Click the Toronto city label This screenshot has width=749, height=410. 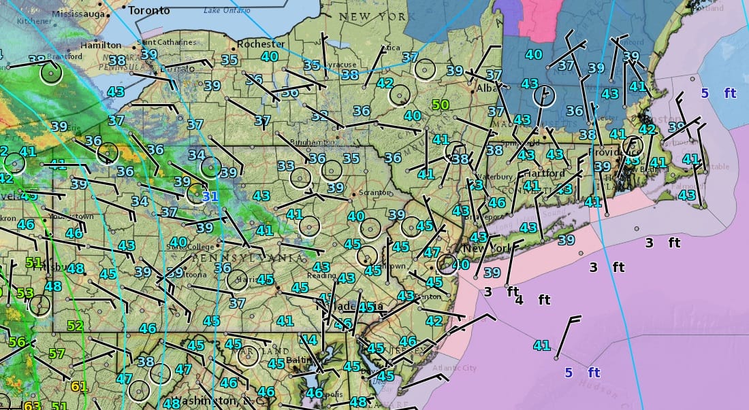(x=149, y=10)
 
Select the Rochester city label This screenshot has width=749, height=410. (x=261, y=44)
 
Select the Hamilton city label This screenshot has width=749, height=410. (x=101, y=45)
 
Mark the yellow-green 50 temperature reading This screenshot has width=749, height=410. (x=441, y=105)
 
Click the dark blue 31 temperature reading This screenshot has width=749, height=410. (x=210, y=196)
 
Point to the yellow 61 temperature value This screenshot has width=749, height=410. (x=79, y=387)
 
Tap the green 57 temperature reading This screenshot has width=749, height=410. (x=57, y=354)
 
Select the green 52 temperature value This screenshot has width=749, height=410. (x=75, y=326)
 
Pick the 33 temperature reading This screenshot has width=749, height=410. (x=286, y=166)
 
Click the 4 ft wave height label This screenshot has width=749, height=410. (x=534, y=300)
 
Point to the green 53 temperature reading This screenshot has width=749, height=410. (x=25, y=293)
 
